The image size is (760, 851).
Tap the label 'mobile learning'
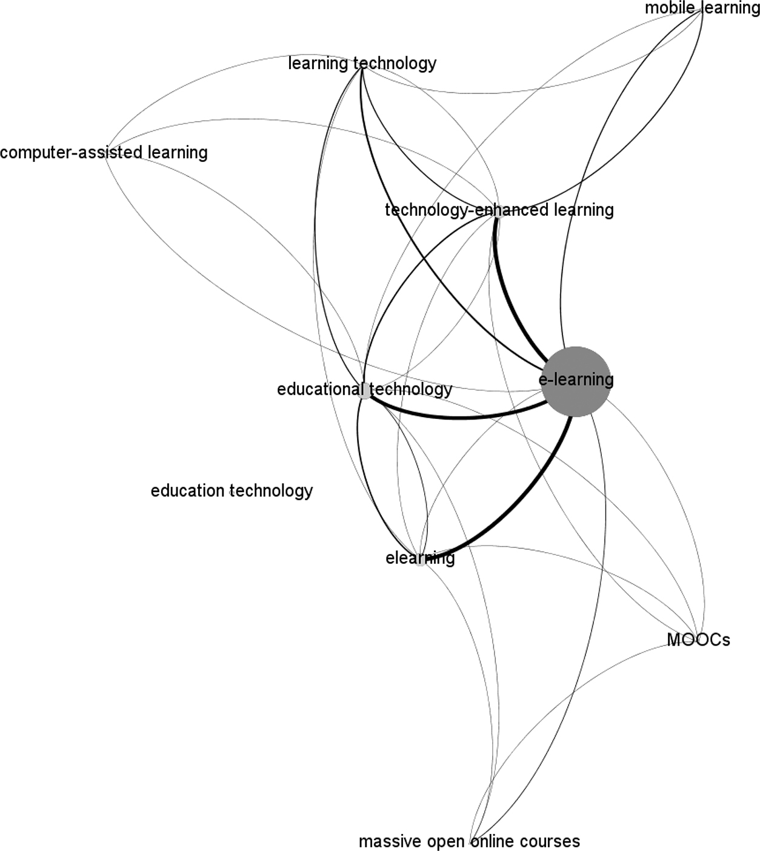[702, 8]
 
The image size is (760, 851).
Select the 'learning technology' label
[362, 63]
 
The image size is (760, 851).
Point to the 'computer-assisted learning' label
[104, 152]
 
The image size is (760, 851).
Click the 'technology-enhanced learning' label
[499, 210]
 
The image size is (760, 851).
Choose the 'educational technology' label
[364, 389]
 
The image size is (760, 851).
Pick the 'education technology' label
[232, 490]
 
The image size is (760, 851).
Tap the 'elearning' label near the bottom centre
[420, 558]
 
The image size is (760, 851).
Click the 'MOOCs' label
[698, 639]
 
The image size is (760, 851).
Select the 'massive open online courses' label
[469, 841]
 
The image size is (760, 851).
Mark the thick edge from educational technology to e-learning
[461, 417]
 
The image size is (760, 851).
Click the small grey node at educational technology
[364, 391]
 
